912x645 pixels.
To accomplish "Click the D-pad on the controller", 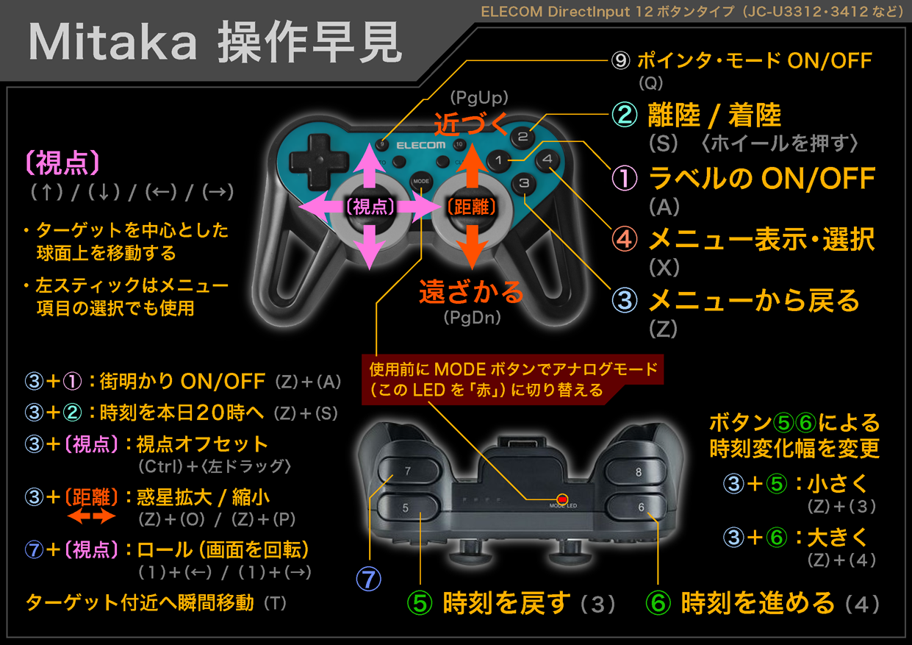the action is pos(319,162).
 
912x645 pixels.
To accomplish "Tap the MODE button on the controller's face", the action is pos(421,182).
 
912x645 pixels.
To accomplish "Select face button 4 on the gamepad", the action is pos(547,160).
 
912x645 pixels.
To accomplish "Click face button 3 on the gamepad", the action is pos(524,184).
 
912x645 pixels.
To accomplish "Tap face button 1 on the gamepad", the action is pos(499,160).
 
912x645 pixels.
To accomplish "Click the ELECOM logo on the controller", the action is pos(421,146).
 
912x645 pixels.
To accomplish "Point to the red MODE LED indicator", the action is pos(562,499).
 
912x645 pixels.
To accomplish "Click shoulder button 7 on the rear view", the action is pos(409,471).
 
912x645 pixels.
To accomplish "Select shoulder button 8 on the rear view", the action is pos(636,472).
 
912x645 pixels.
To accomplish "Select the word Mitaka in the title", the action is pos(112,42).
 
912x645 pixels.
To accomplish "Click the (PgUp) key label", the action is pos(479,98).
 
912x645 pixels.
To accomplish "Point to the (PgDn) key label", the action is pos(473,318).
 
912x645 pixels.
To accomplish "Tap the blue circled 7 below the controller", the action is pos(368,580).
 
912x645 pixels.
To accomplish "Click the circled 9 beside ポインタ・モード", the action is pos(620,61).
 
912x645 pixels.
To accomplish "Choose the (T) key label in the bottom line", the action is pos(276,603).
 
